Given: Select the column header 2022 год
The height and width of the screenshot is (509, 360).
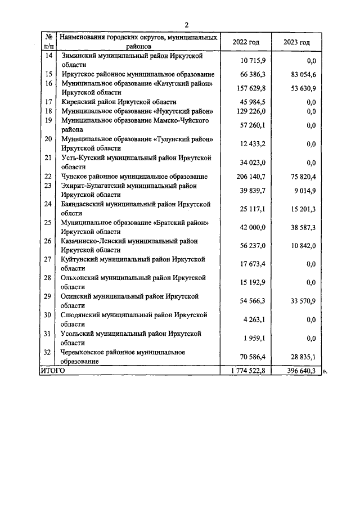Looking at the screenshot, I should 246,42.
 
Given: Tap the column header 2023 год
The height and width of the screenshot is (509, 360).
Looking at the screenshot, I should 297,42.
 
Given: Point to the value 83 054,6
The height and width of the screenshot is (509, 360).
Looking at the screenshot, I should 300,74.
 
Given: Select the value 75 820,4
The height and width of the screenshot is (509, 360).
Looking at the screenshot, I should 300,177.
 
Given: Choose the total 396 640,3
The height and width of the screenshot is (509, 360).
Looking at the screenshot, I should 298,371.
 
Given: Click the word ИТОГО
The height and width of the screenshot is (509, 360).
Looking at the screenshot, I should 52,371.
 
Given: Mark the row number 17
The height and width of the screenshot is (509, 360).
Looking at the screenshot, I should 48,102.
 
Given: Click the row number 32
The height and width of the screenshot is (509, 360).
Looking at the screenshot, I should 48,352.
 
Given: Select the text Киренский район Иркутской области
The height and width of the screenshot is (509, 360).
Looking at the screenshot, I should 119,102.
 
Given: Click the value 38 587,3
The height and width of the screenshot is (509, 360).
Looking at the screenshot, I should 300,227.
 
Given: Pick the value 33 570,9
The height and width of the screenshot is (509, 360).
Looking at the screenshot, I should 300,301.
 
